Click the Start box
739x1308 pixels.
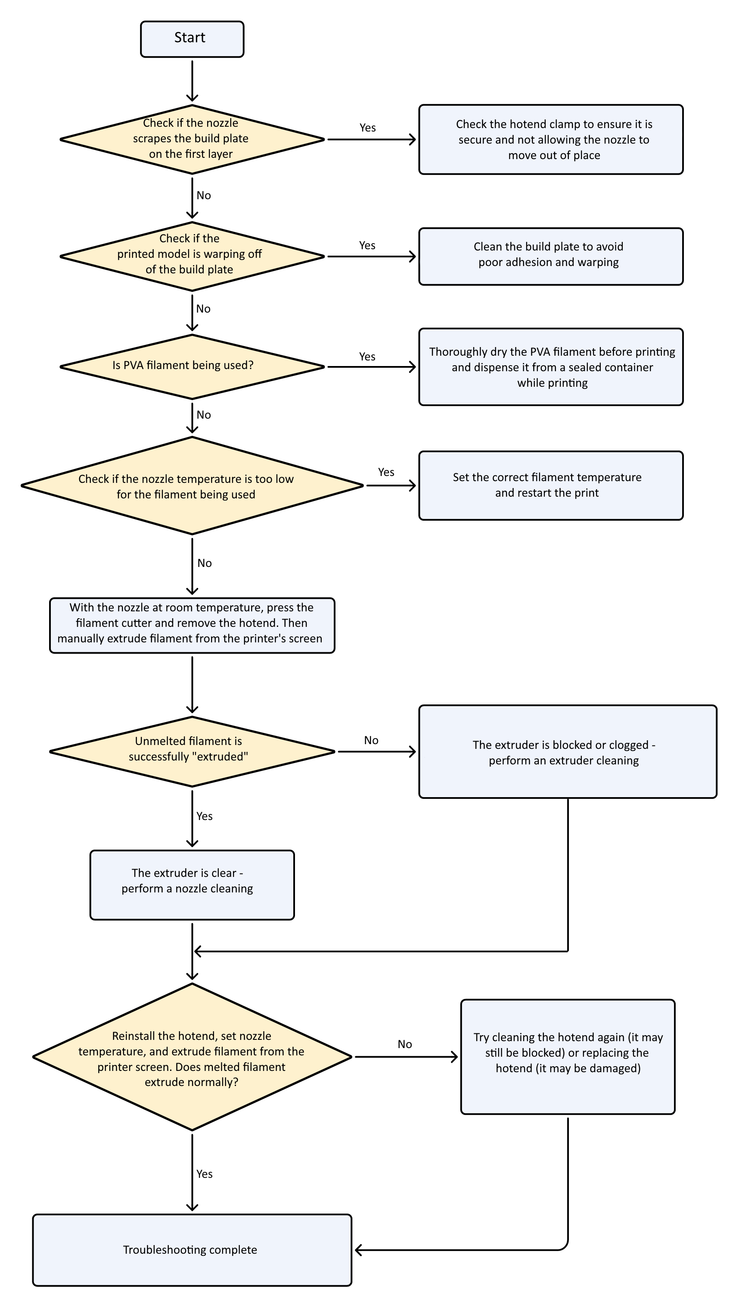pyautogui.click(x=192, y=39)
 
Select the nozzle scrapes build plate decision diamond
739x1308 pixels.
pyautogui.click(x=192, y=139)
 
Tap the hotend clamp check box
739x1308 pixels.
pyautogui.click(x=551, y=140)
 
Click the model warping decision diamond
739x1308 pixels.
pyautogui.click(x=192, y=257)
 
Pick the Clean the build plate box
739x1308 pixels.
pyautogui.click(x=551, y=257)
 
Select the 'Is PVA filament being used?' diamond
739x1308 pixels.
pyautogui.click(x=192, y=367)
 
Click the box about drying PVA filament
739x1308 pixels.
pyautogui.click(x=551, y=367)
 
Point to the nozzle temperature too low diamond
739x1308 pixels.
pyautogui.click(x=192, y=485)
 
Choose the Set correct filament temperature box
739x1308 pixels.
pyautogui.click(x=551, y=485)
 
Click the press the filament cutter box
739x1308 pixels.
pyautogui.click(x=192, y=625)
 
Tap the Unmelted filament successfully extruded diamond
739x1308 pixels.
pyautogui.click(x=192, y=751)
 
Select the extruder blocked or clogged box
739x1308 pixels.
pyautogui.click(x=568, y=751)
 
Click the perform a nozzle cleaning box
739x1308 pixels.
pyautogui.click(x=192, y=885)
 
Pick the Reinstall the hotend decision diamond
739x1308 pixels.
pyautogui.click(x=192, y=1057)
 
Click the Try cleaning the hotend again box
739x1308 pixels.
pyautogui.click(x=568, y=1057)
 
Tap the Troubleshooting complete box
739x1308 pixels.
pyautogui.click(x=192, y=1250)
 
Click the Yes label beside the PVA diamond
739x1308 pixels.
pyautogui.click(x=367, y=357)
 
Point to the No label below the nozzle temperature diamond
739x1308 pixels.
pyautogui.click(x=205, y=563)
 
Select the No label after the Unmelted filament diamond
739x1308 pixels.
pyautogui.click(x=371, y=740)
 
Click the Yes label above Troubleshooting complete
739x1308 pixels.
pyautogui.click(x=205, y=1174)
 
